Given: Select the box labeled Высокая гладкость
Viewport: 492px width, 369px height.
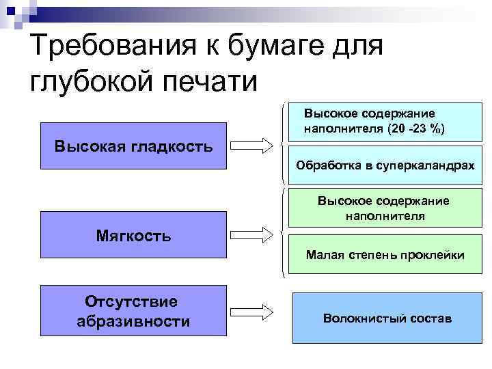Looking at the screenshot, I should pos(133,146).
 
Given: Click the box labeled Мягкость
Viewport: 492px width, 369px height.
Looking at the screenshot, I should pos(133,236).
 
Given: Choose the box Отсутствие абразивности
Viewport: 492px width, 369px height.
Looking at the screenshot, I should pos(133,310).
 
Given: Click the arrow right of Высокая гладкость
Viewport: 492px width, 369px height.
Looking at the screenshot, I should pos(251,146).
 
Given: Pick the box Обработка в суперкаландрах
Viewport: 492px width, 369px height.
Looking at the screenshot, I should pos(385,165).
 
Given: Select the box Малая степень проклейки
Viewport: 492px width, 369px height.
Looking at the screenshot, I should pos(385,256).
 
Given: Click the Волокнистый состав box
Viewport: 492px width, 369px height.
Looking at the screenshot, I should pos(387,318).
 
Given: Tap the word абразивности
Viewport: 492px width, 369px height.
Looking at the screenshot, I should pos(133,321).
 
